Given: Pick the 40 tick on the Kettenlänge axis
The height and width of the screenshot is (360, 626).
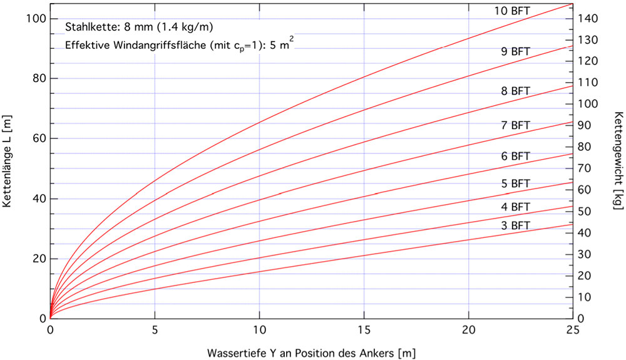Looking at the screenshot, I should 35,198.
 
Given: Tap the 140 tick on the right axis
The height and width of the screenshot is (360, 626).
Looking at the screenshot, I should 588,19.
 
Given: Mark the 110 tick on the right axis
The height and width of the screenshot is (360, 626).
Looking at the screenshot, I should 588,83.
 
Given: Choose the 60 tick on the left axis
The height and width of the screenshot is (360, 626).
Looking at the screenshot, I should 35,138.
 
